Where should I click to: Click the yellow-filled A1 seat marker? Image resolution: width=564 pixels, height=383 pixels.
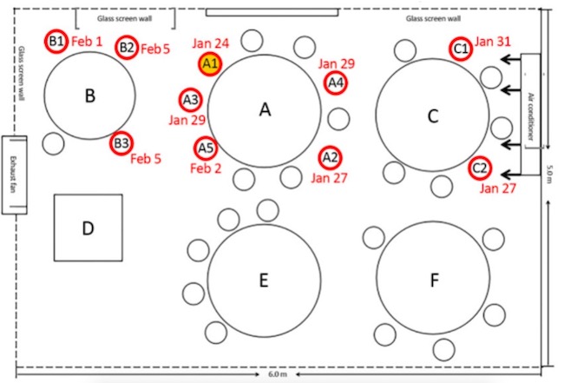tap(210, 63)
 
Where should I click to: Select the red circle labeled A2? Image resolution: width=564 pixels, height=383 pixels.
tap(330, 158)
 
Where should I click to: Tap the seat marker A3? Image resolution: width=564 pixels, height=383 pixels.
tap(191, 99)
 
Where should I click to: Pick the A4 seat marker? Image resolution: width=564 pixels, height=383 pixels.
tap(335, 83)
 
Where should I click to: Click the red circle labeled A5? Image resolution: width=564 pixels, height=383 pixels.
tap(206, 149)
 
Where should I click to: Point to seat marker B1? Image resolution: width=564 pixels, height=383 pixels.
tap(57, 41)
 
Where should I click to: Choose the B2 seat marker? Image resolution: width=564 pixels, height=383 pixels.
tap(127, 48)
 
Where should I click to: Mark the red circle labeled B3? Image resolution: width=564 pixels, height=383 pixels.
tap(121, 143)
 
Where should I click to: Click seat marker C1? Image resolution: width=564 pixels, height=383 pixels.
tap(461, 50)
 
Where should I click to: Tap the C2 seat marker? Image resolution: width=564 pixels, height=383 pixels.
tap(480, 168)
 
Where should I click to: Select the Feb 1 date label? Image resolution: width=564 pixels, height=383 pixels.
tap(87, 42)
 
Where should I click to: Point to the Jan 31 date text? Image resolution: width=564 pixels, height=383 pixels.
tap(495, 41)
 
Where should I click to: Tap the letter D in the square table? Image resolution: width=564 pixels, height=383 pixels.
tap(87, 228)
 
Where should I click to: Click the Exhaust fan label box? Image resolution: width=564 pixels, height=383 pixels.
tap(14, 175)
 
